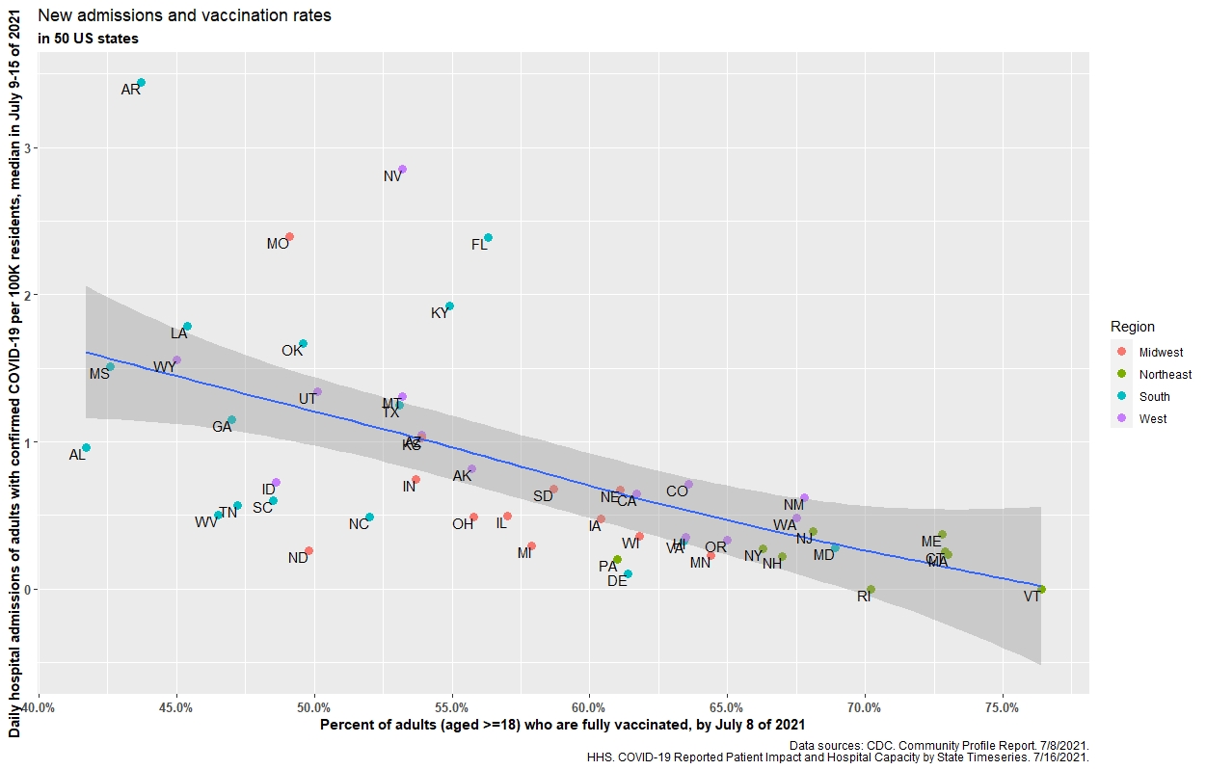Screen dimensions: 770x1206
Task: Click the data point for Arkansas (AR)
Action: pos(141,83)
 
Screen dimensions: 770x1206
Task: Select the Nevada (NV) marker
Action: pos(402,170)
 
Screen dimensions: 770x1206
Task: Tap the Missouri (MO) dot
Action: pos(289,237)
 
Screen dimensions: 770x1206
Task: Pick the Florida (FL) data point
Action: pos(488,238)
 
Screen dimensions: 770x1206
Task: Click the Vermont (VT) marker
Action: pos(1041,589)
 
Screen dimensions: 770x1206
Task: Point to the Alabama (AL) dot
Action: pos(86,448)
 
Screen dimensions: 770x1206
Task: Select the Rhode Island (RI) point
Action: pos(871,589)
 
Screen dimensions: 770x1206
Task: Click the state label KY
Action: pos(440,313)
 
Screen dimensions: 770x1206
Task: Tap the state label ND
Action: pos(298,558)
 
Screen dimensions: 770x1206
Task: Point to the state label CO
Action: pos(677,491)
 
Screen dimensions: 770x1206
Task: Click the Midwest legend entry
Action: pos(1160,353)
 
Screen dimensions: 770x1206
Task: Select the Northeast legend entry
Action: pos(1165,375)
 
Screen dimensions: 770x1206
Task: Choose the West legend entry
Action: pos(1153,419)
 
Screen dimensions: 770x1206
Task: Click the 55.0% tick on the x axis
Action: pos(452,708)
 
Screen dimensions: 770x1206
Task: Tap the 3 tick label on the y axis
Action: pos(27,148)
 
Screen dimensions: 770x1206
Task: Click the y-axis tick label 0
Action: pos(27,590)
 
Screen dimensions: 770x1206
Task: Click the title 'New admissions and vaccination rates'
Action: pos(183,15)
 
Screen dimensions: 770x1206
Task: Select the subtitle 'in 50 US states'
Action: pos(88,40)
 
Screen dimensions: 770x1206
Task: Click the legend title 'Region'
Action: pos(1132,327)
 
